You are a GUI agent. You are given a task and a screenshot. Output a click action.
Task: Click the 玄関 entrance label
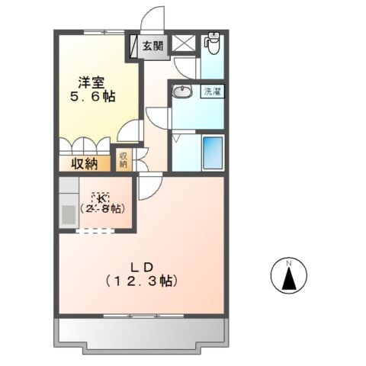(x=152, y=46)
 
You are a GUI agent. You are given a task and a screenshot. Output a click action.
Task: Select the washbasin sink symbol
(x=183, y=93)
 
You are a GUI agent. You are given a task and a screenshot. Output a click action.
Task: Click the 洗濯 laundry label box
(x=211, y=92)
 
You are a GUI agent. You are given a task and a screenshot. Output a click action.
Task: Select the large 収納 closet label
(x=85, y=162)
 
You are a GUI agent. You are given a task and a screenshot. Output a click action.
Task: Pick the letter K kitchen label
(x=99, y=197)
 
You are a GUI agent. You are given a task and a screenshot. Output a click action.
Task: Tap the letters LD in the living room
(x=141, y=267)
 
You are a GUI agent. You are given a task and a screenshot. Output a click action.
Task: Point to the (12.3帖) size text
(x=141, y=281)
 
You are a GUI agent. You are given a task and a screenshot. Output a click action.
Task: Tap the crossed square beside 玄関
(x=183, y=43)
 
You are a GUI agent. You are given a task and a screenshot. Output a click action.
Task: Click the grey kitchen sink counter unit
(x=68, y=202)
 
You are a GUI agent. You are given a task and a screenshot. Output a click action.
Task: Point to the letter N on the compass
(x=289, y=264)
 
